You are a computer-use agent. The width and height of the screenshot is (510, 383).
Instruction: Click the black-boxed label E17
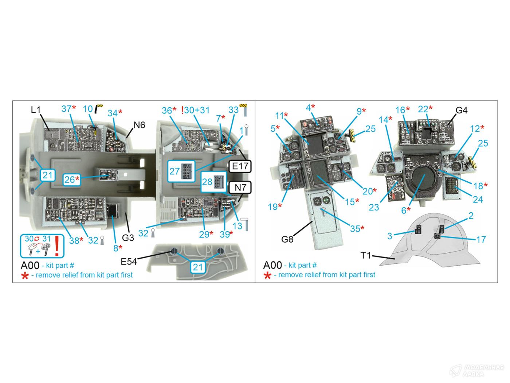click(240, 166)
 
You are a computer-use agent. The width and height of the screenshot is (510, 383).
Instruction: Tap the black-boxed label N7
click(240, 188)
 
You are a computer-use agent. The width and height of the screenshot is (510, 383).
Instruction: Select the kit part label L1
click(36, 110)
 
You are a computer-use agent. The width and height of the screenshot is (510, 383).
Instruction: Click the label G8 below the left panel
click(287, 239)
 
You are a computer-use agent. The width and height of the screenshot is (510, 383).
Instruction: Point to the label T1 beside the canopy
click(366, 256)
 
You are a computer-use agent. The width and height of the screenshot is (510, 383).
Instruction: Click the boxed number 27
click(175, 171)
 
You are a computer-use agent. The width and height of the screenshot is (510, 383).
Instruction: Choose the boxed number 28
click(207, 181)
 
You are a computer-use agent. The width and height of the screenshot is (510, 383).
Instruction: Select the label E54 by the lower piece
click(129, 261)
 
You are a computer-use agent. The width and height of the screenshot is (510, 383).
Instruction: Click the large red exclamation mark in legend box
click(57, 246)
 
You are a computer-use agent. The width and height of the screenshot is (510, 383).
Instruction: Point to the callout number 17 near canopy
click(481, 239)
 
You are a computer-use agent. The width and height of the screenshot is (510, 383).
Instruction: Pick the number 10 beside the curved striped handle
click(88, 109)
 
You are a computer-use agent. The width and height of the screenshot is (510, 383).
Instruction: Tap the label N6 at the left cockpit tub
click(139, 125)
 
